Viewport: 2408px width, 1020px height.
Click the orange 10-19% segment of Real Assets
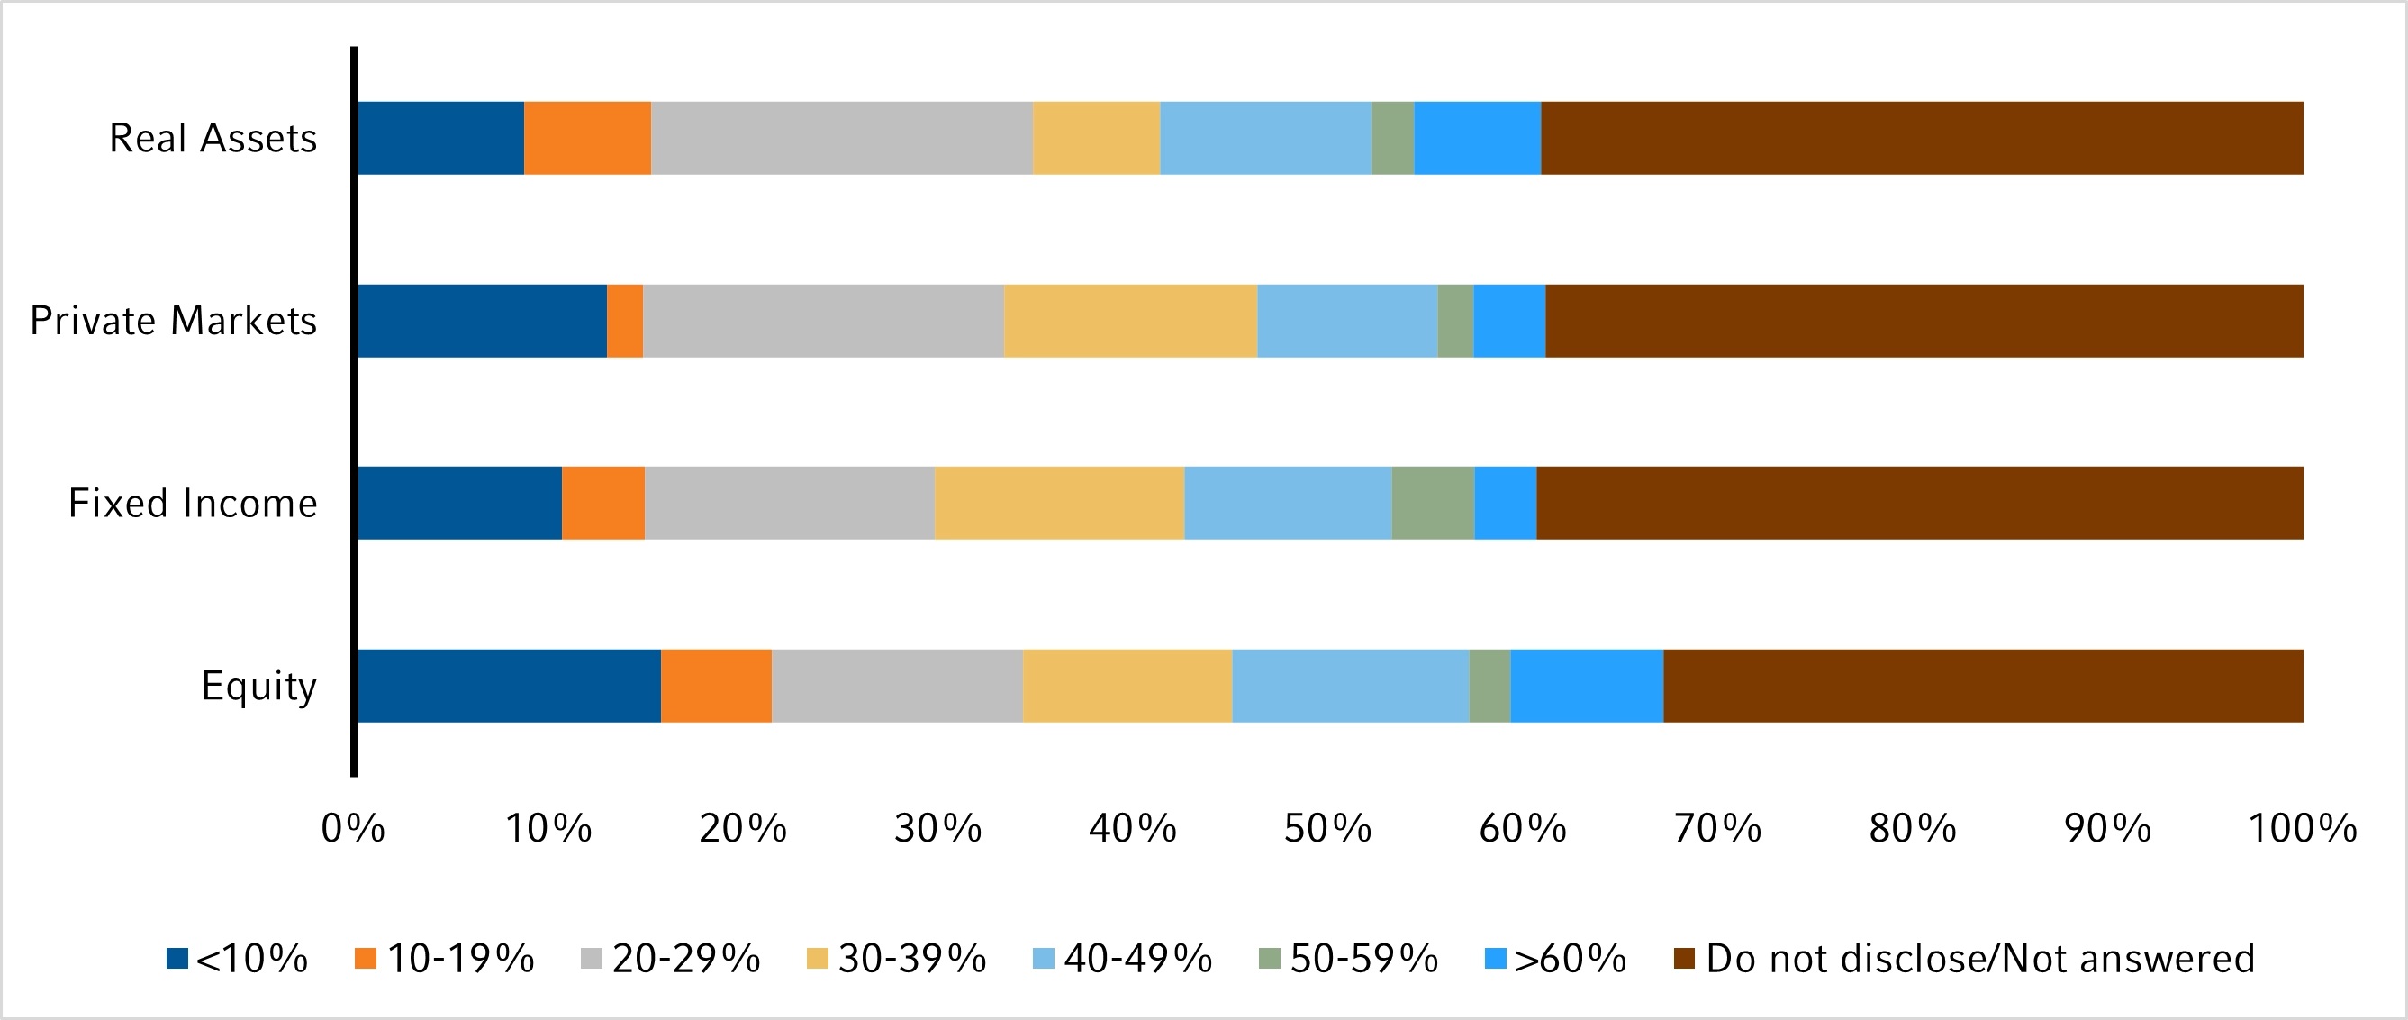[587, 139]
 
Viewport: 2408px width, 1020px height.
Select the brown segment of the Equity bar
[1983, 686]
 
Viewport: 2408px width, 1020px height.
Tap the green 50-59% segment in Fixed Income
[1432, 503]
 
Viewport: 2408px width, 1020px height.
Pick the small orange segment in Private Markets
[624, 321]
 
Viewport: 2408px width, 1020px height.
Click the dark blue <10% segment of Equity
[509, 686]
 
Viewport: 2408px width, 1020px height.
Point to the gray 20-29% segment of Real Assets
[841, 139]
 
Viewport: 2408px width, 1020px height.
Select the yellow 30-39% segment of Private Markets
[1130, 321]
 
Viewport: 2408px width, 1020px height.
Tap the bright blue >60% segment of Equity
[1587, 686]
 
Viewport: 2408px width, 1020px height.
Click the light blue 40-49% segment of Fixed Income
[1287, 503]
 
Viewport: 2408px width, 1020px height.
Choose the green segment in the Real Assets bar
[1393, 139]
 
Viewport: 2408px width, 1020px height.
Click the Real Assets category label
[213, 139]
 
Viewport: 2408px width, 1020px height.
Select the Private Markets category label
[174, 321]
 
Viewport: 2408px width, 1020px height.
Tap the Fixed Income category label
[193, 503]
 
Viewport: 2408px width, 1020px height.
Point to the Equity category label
[259, 686]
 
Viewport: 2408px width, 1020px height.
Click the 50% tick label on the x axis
[1326, 828]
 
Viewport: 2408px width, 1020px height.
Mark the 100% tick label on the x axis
[2302, 828]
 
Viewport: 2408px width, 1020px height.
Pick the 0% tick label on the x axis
[352, 828]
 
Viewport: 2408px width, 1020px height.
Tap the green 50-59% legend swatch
[1270, 959]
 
